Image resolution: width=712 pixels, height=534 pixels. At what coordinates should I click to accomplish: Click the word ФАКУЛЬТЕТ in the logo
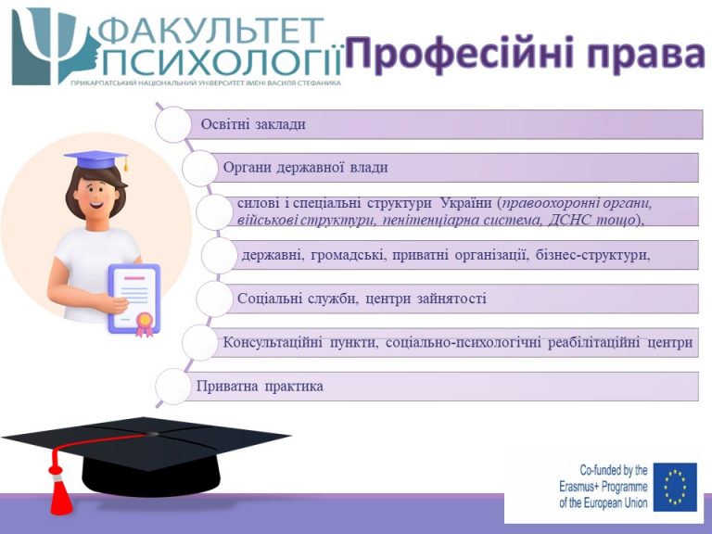tap(210, 32)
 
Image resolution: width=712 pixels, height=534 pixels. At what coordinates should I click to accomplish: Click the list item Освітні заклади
tap(253, 124)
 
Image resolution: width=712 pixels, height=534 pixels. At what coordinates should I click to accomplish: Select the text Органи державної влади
tap(305, 168)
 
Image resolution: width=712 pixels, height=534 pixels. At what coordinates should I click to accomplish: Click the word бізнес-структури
tap(592, 255)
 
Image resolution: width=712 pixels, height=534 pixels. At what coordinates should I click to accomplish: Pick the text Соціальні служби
tap(297, 299)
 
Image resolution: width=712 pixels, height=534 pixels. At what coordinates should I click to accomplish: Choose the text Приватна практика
tap(260, 387)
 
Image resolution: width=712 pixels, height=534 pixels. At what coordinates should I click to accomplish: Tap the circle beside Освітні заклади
tap(173, 124)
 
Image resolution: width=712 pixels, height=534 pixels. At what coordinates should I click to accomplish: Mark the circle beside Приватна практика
tap(173, 387)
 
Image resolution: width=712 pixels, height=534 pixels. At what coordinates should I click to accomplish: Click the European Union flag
tap(675, 487)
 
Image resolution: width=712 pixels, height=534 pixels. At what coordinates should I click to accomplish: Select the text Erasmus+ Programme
tap(603, 487)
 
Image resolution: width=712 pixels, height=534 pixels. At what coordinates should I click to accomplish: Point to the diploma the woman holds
tap(133, 299)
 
